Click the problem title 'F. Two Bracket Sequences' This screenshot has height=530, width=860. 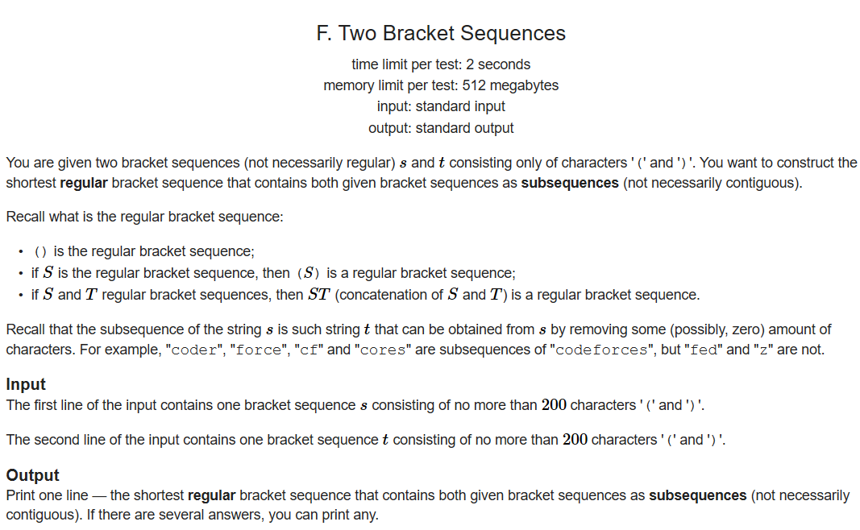click(x=441, y=33)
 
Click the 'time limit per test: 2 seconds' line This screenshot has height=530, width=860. click(x=441, y=64)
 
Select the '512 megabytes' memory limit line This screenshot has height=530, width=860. click(x=441, y=85)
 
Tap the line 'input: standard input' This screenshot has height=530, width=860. click(x=441, y=106)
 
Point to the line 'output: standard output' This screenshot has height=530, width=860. click(x=441, y=128)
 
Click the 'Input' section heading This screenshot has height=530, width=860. click(x=26, y=384)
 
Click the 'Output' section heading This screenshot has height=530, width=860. click(x=32, y=475)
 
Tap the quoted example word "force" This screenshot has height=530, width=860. click(x=260, y=350)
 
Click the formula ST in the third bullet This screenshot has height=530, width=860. click(x=318, y=295)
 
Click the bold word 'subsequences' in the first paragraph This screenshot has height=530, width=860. click(x=570, y=183)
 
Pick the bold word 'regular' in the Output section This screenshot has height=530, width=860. click(x=211, y=495)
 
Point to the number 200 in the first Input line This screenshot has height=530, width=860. click(x=554, y=405)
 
